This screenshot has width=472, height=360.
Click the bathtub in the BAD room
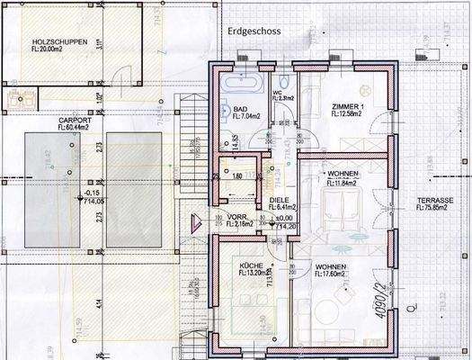240,84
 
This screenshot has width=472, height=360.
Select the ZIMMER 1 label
346,106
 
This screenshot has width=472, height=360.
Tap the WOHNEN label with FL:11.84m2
343,173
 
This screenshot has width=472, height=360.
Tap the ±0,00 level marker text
286,217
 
